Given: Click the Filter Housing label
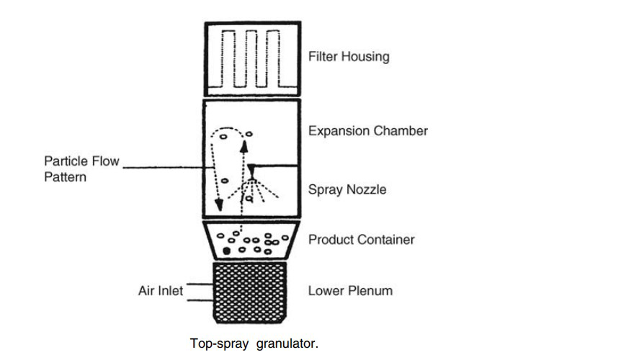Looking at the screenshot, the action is click(349, 57).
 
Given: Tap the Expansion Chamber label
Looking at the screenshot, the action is click(368, 131).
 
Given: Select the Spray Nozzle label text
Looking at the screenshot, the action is click(347, 189).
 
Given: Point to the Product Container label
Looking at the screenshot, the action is click(361, 239).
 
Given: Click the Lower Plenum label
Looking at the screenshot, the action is click(351, 291).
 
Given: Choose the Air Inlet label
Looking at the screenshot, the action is click(161, 291).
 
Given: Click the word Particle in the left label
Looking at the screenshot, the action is click(65, 161).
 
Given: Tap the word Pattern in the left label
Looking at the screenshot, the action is click(65, 177).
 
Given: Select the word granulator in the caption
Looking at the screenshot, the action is click(287, 343).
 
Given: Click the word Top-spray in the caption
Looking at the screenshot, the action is click(219, 343).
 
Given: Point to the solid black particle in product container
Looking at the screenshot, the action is click(226, 251).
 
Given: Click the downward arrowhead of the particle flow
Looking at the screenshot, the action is click(218, 204).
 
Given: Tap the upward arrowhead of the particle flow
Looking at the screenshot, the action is click(244, 146).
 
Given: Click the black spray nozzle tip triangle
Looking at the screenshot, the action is click(251, 171).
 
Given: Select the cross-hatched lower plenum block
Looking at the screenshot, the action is click(250, 292).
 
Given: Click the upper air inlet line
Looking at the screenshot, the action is click(200, 284).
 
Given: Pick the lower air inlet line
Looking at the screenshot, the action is click(200, 301).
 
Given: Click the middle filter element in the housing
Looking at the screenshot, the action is click(251, 58).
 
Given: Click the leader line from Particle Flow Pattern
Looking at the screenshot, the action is click(169, 168).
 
